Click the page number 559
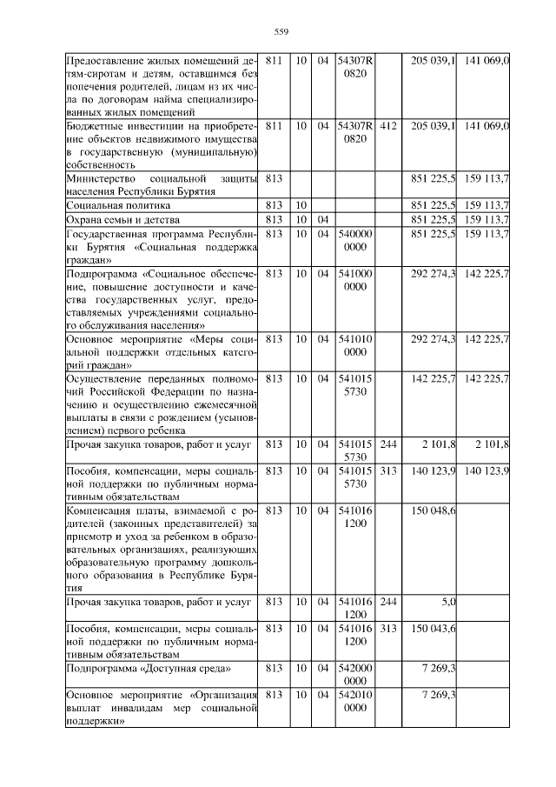pos(281,32)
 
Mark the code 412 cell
pos(388,126)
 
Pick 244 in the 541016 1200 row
pos(388,601)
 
